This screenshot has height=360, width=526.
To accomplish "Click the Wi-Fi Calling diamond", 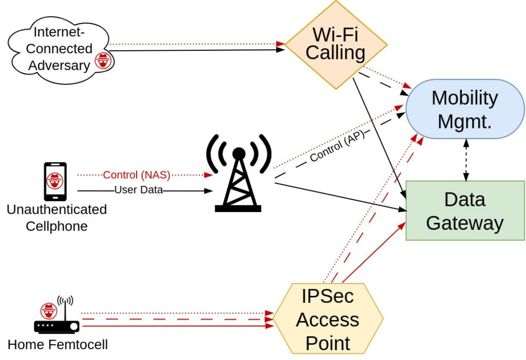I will [x=335, y=45].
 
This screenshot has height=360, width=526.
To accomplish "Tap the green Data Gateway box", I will [x=464, y=211].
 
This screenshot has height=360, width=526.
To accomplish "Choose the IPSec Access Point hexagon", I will [x=328, y=319].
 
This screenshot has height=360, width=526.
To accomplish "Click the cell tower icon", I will [x=238, y=175].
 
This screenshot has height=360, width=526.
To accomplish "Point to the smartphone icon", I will [x=55, y=181].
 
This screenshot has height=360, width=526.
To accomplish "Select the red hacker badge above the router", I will [x=49, y=311].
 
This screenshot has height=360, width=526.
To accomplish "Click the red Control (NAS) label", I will [x=137, y=175].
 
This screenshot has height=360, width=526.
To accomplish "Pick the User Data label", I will [x=138, y=190].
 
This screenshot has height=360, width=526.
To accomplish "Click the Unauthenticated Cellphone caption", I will [x=57, y=218].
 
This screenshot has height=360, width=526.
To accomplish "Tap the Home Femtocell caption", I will [x=58, y=344].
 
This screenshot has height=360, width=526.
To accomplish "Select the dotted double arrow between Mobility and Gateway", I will [x=466, y=160].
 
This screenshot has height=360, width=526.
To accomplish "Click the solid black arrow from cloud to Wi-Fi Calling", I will [x=195, y=50].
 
